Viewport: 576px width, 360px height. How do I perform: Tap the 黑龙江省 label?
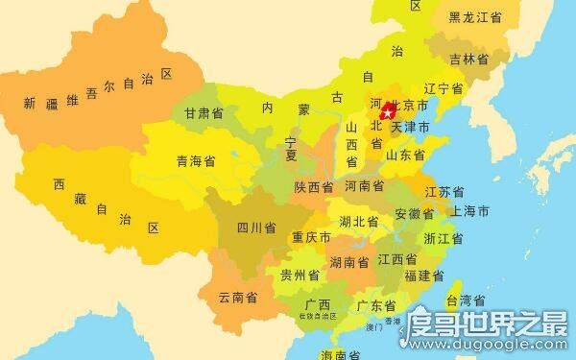pyautogui.click(x=476, y=16)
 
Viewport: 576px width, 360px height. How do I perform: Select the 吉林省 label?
pyautogui.click(x=469, y=59)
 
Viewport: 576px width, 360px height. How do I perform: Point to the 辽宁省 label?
pyautogui.click(x=444, y=89)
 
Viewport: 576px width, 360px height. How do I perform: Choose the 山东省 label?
pyautogui.click(x=405, y=154)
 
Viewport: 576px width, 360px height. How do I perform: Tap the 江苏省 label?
pyautogui.click(x=444, y=191)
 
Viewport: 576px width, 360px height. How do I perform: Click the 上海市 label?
pyautogui.click(x=470, y=210)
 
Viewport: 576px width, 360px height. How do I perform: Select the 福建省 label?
pyautogui.click(x=424, y=276)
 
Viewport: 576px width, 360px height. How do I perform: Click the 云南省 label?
pyautogui.click(x=239, y=298)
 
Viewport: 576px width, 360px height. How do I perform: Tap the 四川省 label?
pyautogui.click(x=256, y=228)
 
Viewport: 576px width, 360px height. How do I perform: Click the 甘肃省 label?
pyautogui.click(x=204, y=113)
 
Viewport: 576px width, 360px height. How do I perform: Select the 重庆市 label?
pyautogui.click(x=312, y=237)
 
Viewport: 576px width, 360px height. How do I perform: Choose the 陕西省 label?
pyautogui.click(x=314, y=186)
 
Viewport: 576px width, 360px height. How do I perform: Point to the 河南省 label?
pyautogui.click(x=364, y=185)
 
